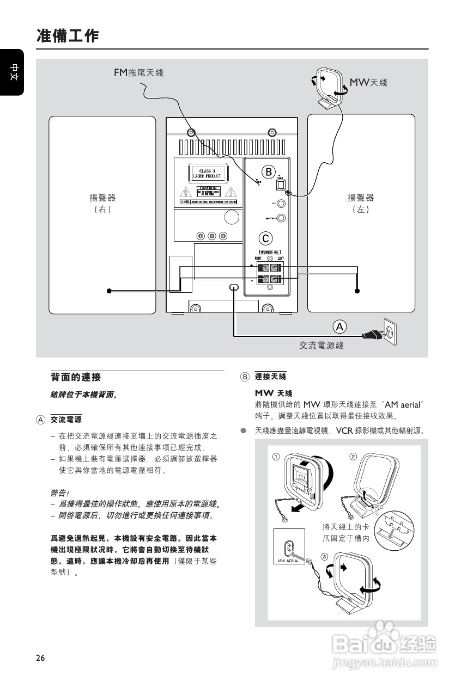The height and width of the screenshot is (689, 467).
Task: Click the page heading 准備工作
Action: pos(68,36)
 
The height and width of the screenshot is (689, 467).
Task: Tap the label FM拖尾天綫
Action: pos(138,72)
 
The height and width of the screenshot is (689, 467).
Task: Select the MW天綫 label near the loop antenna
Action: pos(368,82)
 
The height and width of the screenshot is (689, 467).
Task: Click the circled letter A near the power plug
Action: pos(339,327)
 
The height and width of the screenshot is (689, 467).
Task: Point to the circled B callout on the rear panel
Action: pos(268,172)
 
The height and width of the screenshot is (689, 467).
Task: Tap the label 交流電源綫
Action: pos(322,345)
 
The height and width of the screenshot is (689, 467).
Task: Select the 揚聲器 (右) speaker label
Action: pos(102,203)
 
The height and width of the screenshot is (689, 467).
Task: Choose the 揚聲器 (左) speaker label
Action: pos(361,203)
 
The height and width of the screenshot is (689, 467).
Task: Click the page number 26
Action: pos(41,657)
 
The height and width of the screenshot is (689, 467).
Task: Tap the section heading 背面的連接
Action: pos(76,377)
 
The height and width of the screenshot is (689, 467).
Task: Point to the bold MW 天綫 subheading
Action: pos(274,393)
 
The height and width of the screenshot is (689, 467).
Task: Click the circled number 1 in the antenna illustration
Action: pos(276,457)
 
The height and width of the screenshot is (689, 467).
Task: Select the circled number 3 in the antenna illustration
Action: pos(325,557)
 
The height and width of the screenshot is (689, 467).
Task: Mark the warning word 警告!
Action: pos(59,493)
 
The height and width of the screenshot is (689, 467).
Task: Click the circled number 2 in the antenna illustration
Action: pos(353,456)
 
